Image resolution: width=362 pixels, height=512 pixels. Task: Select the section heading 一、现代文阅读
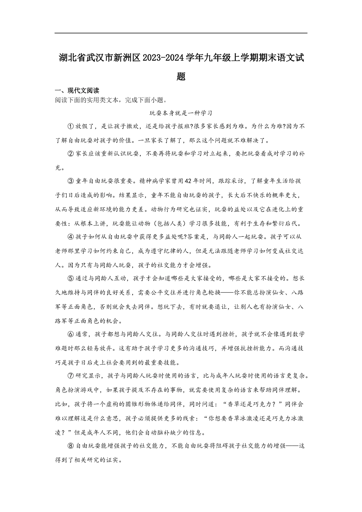click(x=77, y=91)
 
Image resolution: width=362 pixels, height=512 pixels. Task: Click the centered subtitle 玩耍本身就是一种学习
click(x=181, y=113)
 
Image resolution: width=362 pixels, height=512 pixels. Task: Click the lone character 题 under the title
click(x=181, y=77)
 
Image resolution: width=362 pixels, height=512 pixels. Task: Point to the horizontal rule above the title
click(x=181, y=33)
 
